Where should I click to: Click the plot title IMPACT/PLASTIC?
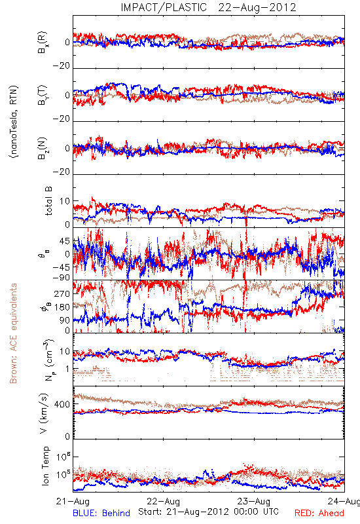click(164, 7)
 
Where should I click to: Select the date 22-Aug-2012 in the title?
click(257, 7)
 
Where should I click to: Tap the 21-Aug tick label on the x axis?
click(73, 501)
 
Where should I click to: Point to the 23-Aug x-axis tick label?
click(254, 501)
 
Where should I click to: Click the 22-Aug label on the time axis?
click(163, 501)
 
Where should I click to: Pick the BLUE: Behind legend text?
click(101, 513)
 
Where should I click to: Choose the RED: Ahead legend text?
click(319, 513)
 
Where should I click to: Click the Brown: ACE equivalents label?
click(13, 333)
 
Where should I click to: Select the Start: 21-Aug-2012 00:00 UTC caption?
click(208, 512)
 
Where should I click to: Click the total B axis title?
click(48, 201)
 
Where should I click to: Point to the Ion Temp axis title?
click(45, 466)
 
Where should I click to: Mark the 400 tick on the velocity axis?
click(62, 404)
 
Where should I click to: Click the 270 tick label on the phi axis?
click(62, 293)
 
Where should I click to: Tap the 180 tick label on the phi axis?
click(62, 307)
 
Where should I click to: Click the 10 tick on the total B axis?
click(65, 201)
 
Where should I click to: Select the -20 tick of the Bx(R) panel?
click(62, 66)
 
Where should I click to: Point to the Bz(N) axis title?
click(43, 148)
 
